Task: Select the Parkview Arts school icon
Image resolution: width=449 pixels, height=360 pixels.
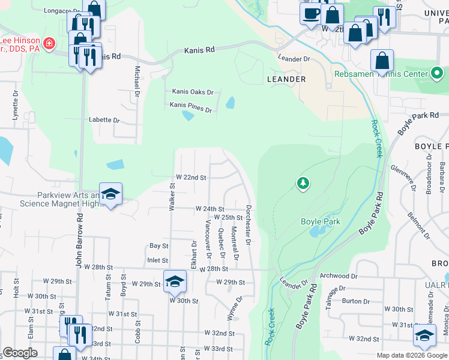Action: (111, 194)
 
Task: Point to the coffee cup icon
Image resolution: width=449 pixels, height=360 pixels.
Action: (311, 13)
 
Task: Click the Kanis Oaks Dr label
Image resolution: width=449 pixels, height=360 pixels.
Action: (193, 92)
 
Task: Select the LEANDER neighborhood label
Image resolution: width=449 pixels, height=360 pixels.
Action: (286, 79)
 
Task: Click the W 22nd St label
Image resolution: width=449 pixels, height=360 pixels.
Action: (191, 178)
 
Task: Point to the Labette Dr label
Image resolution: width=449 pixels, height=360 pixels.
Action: (104, 120)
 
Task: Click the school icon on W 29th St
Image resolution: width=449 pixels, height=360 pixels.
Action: (173, 281)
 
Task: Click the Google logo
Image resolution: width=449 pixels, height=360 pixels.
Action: (20, 353)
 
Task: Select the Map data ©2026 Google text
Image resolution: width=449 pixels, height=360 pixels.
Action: (412, 355)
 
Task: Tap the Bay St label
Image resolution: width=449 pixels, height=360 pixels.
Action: (158, 246)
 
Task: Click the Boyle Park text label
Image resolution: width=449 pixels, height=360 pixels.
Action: (320, 221)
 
